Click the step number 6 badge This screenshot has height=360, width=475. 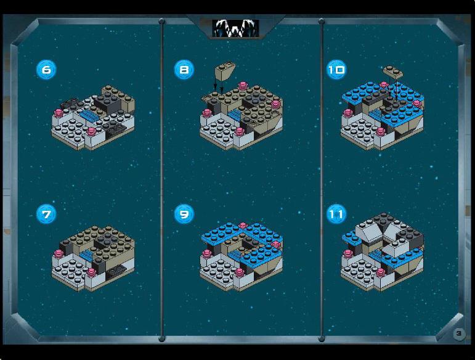pyautogui.click(x=46, y=70)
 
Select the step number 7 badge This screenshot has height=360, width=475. pyautogui.click(x=46, y=215)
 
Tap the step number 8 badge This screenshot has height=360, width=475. pyautogui.click(x=184, y=70)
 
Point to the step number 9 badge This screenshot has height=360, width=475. pyautogui.click(x=184, y=215)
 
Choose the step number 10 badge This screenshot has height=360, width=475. pyautogui.click(x=336, y=70)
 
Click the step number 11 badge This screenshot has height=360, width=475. pyautogui.click(x=336, y=215)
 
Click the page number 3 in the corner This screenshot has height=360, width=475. pyautogui.click(x=459, y=333)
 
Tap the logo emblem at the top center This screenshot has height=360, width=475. pyautogui.click(x=236, y=28)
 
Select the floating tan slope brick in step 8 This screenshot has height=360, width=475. pyautogui.click(x=224, y=71)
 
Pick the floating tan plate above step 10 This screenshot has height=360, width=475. pyautogui.click(x=393, y=72)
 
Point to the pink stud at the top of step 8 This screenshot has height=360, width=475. pyautogui.click(x=242, y=86)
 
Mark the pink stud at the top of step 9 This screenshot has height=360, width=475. pyautogui.click(x=242, y=226)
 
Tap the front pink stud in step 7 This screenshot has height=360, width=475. pyautogui.click(x=91, y=272)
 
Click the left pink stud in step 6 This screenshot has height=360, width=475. pyautogui.click(x=59, y=113)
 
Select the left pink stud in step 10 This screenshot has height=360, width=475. pyautogui.click(x=347, y=113)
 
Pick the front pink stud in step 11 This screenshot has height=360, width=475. pyautogui.click(x=381, y=272)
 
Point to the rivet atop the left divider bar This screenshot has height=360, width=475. pyautogui.click(x=161, y=21)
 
